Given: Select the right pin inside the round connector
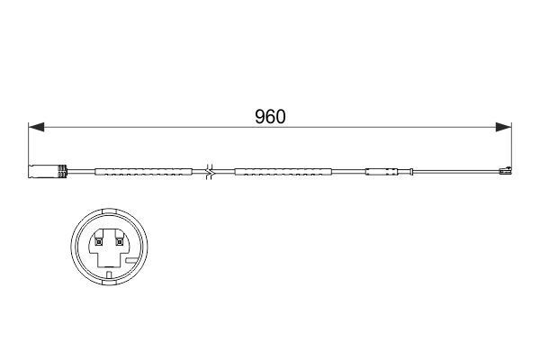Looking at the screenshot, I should tap(117, 240).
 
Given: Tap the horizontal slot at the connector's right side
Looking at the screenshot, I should tap(131, 261).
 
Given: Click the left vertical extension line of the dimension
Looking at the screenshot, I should tap(29, 144).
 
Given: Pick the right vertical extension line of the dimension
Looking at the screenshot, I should tap(510, 144).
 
